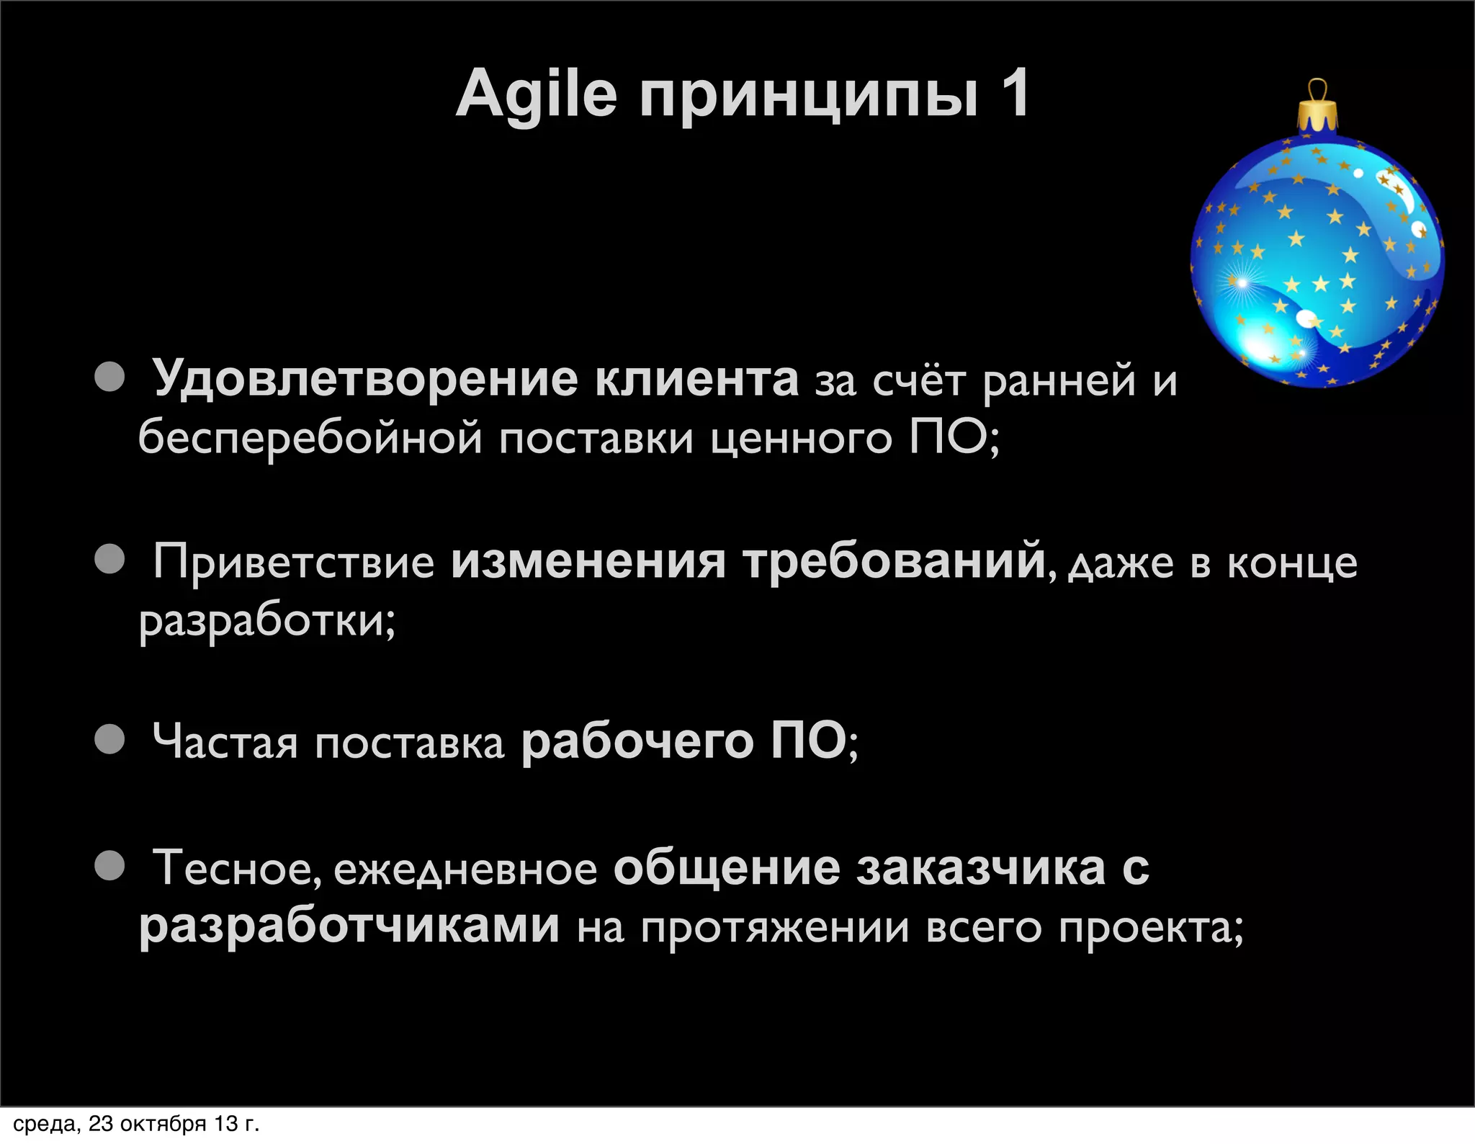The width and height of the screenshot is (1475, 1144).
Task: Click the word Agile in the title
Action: [x=537, y=94]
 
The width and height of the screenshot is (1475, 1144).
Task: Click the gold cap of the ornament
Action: [x=1317, y=115]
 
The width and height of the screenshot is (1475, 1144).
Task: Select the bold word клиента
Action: [x=696, y=379]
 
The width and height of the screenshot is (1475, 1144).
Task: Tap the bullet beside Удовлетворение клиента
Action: [x=110, y=376]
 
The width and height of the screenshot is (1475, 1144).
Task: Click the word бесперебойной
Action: [x=310, y=438]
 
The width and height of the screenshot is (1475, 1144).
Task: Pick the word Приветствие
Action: [x=294, y=561]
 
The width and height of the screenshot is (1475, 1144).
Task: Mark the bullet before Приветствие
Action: [x=110, y=558]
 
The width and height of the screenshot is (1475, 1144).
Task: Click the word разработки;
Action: [x=267, y=620]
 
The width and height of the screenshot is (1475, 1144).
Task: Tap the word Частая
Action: [x=225, y=742]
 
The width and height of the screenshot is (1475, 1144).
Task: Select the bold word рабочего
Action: [x=637, y=742]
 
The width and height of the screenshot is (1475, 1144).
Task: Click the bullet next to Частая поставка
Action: [x=110, y=739]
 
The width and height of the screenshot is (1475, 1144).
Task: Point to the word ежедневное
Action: [x=465, y=870]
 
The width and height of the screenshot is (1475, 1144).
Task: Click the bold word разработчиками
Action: [x=349, y=926]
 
